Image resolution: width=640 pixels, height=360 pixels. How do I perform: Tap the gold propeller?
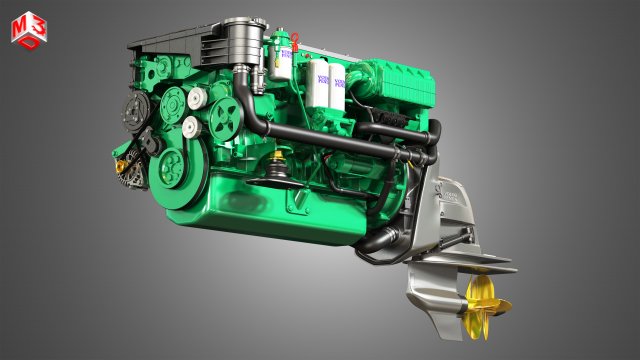point(487,297)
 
